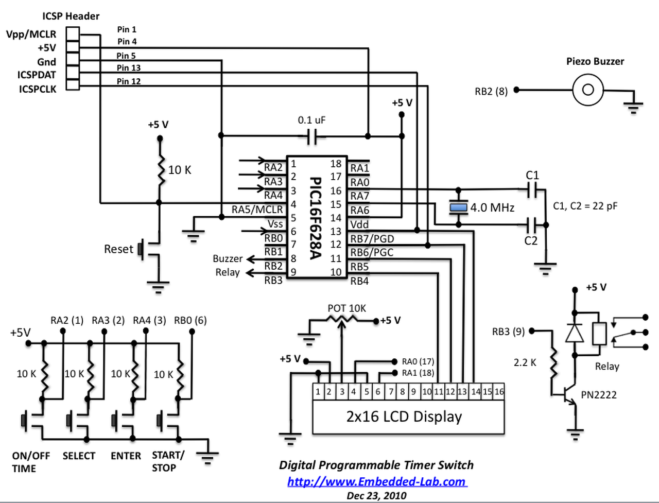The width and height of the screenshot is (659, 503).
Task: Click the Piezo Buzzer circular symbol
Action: click(587, 90)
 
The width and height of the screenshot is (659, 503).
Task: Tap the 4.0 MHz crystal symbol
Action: click(458, 207)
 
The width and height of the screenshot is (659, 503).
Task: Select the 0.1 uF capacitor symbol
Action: click(312, 136)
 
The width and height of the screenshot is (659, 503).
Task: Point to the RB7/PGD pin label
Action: click(372, 238)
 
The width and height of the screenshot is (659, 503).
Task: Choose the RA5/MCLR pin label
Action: click(257, 210)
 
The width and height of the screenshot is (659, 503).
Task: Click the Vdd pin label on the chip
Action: click(359, 224)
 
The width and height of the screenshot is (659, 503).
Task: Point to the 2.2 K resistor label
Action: click(525, 363)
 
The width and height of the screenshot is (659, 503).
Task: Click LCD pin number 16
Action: click(499, 392)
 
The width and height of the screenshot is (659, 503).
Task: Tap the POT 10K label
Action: click(346, 308)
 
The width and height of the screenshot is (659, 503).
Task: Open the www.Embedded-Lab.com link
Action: click(376, 482)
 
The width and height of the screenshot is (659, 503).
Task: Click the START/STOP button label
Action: click(167, 461)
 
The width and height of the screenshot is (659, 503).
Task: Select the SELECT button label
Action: click(79, 456)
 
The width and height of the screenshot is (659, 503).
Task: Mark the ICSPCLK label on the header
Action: click(38, 89)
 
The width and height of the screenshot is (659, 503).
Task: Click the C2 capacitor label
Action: click(531, 241)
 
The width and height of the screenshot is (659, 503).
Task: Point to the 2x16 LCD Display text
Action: click(404, 417)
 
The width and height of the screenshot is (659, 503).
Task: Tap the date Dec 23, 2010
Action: click(376, 496)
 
